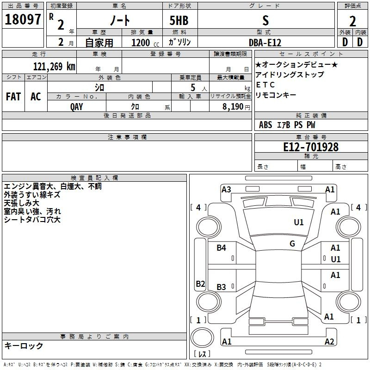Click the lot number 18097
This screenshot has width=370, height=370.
coord(23,19)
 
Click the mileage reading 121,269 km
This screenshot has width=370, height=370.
coord(54,66)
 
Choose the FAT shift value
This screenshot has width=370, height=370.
coord(13,97)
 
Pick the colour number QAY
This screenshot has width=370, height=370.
coord(77,106)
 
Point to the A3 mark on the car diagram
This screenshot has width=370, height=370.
coord(226,189)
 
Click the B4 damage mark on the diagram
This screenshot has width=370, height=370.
coord(222,248)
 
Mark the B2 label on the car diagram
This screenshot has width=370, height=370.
coord(200,284)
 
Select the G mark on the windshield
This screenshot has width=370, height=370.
coord(292,243)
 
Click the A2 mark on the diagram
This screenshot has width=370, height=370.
coord(329,341)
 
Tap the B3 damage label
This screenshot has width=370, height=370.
coord(222,287)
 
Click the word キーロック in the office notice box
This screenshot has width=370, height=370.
coord(24,345)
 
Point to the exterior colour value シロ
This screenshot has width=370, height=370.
coord(99,87)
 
